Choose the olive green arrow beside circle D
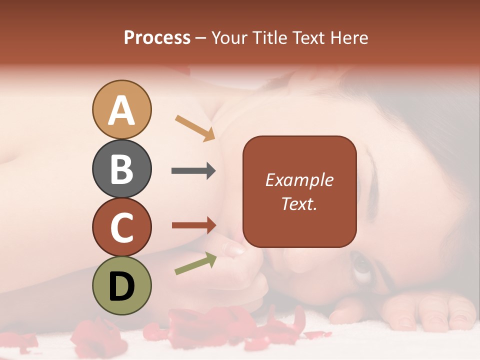pos(195,263)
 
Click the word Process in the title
pos(157,38)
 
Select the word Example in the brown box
pos(299,180)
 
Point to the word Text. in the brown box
pos(299,203)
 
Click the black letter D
pos(122,286)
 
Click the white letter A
pos(122,110)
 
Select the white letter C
pos(122,228)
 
